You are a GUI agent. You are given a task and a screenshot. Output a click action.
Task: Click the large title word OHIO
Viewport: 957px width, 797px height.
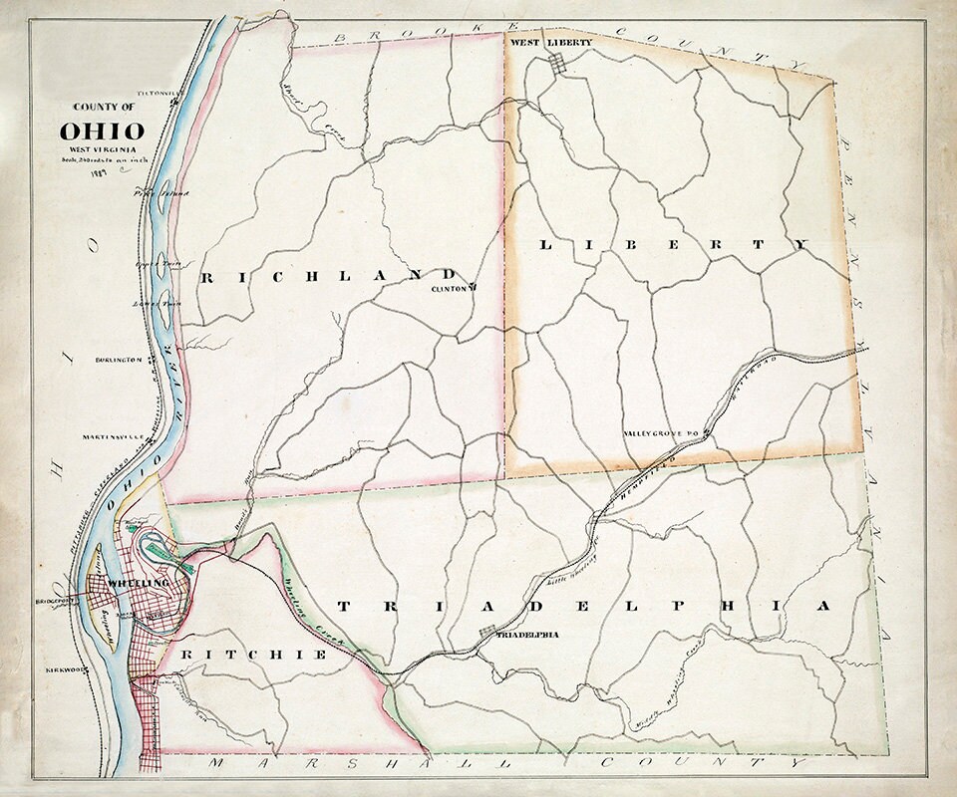(103, 131)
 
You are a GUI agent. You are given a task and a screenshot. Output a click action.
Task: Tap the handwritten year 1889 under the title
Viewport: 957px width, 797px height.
(98, 171)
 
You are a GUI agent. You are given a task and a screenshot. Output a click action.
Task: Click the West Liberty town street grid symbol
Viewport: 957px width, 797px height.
(560, 63)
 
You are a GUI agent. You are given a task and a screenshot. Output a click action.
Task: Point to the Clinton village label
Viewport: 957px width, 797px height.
(451, 289)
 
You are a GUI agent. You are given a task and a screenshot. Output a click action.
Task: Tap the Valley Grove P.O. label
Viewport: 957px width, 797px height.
(662, 433)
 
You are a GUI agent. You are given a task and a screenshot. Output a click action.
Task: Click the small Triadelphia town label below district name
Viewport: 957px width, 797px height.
(525, 634)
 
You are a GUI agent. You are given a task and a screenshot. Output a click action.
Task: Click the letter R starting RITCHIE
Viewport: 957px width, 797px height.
(186, 655)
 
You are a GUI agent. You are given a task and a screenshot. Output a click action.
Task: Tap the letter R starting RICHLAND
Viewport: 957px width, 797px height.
(206, 279)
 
